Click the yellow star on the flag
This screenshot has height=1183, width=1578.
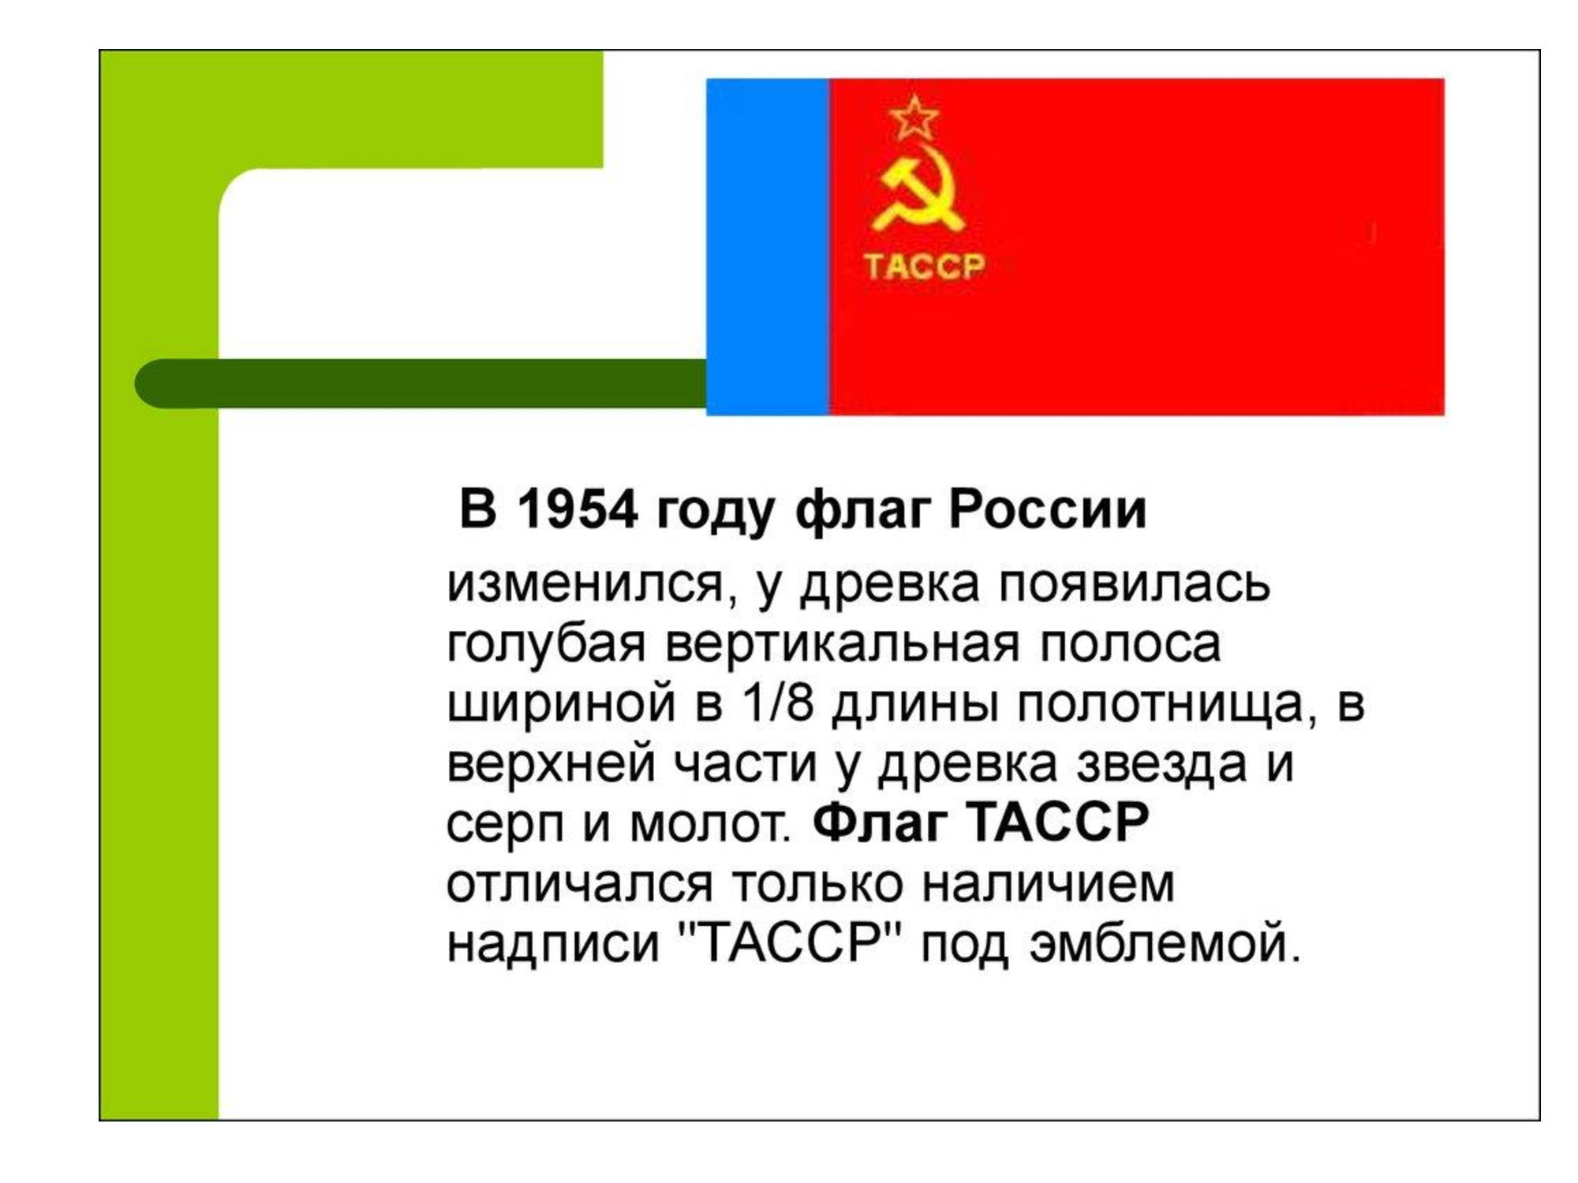914,118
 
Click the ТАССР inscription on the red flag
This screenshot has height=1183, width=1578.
924,267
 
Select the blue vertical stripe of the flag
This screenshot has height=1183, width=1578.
767,247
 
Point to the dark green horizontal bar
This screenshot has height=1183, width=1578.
421,383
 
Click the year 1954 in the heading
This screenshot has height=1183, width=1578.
577,509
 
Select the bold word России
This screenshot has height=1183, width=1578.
1047,509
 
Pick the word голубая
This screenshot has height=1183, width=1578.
546,645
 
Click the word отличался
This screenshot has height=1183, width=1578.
580,885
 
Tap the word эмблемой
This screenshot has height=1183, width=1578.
1165,943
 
